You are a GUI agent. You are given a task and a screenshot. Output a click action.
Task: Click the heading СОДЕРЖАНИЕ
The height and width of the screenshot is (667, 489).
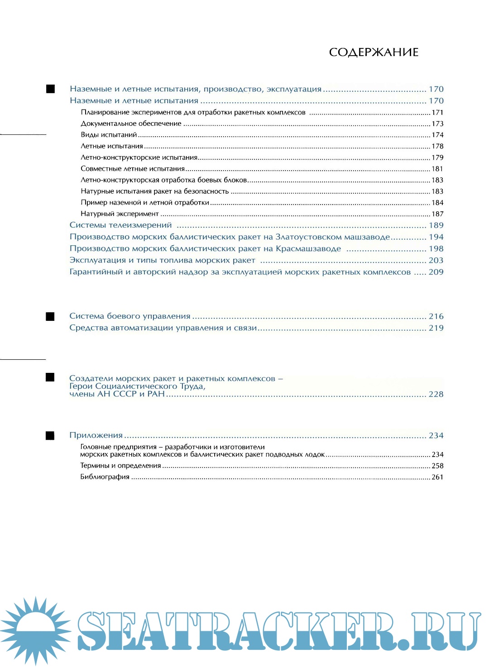point(374,52)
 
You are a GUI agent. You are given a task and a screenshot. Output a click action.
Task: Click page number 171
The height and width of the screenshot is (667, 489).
point(437,112)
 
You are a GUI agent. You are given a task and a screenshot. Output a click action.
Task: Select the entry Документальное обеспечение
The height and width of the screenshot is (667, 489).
point(131,124)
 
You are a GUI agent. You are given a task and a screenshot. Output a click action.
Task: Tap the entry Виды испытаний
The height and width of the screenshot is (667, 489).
point(109,135)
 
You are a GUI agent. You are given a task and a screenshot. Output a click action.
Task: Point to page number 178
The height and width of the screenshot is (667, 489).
point(437,146)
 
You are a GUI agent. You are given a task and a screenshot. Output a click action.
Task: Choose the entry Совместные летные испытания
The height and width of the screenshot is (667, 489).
point(133,169)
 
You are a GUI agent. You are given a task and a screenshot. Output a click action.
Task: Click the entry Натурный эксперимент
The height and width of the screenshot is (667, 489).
point(120,214)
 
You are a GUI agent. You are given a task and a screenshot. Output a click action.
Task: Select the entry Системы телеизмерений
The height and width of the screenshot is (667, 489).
point(120,225)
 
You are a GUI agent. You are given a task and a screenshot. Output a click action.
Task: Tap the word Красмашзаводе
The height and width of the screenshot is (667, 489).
point(308,249)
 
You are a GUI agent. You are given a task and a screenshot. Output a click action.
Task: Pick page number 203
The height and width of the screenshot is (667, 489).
point(436,260)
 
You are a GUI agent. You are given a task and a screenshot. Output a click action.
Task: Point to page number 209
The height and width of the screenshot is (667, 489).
point(436,272)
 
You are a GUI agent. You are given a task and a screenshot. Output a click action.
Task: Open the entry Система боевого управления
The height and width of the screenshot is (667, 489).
point(130,316)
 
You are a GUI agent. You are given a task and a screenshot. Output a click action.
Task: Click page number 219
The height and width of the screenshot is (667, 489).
point(436,328)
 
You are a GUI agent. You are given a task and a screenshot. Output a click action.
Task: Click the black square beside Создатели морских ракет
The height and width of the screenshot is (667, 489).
point(50,377)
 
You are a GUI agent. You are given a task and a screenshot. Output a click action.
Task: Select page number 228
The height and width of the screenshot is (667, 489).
point(436,394)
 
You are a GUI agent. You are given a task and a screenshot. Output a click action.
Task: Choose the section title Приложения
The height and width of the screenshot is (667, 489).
point(96,435)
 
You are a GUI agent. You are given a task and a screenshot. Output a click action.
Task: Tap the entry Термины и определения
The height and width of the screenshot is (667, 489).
point(120,466)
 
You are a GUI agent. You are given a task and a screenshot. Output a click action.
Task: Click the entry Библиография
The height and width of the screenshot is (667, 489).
point(105,477)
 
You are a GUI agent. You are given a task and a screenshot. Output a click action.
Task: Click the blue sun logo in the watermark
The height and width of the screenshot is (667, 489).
point(35,629)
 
